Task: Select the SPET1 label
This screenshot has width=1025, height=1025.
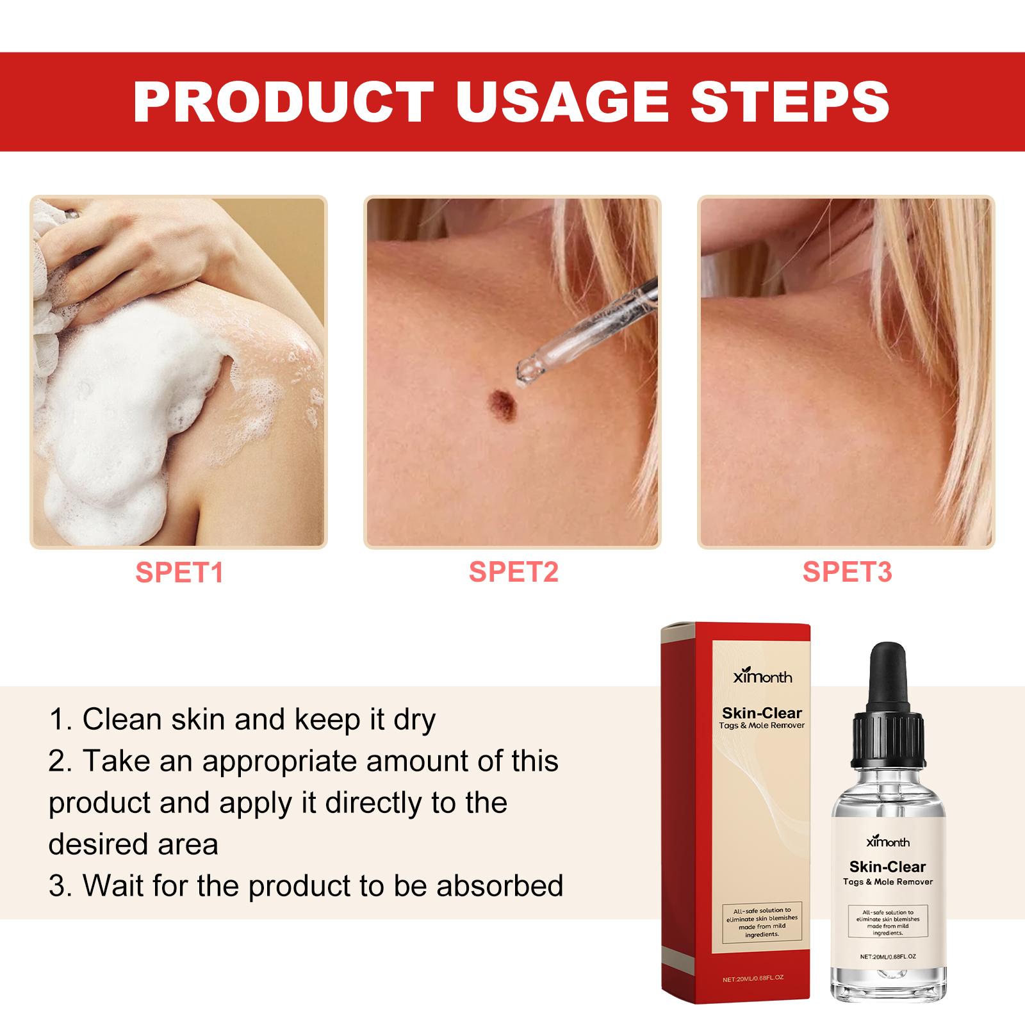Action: pyautogui.click(x=179, y=572)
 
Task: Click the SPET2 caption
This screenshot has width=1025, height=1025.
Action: pyautogui.click(x=513, y=572)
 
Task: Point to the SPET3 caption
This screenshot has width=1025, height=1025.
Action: pyautogui.click(x=847, y=572)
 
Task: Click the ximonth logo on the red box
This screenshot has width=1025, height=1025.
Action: pyautogui.click(x=762, y=676)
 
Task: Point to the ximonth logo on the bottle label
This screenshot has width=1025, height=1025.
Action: pyautogui.click(x=887, y=842)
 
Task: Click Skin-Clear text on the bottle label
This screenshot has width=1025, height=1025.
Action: pyautogui.click(x=887, y=867)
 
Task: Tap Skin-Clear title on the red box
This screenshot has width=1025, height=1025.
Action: pyautogui.click(x=762, y=712)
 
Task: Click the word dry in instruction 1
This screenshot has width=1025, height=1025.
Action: pyautogui.click(x=414, y=720)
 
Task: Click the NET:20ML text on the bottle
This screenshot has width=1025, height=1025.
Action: pyautogui.click(x=887, y=956)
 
